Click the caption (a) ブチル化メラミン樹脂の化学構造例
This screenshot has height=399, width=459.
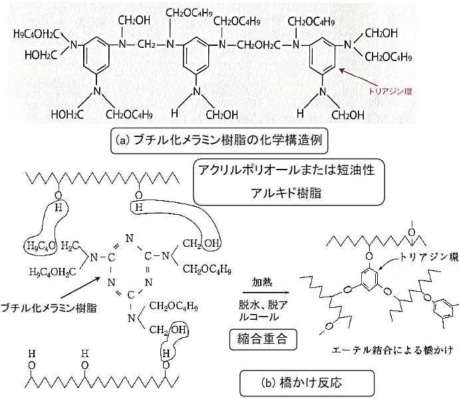(220, 141)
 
